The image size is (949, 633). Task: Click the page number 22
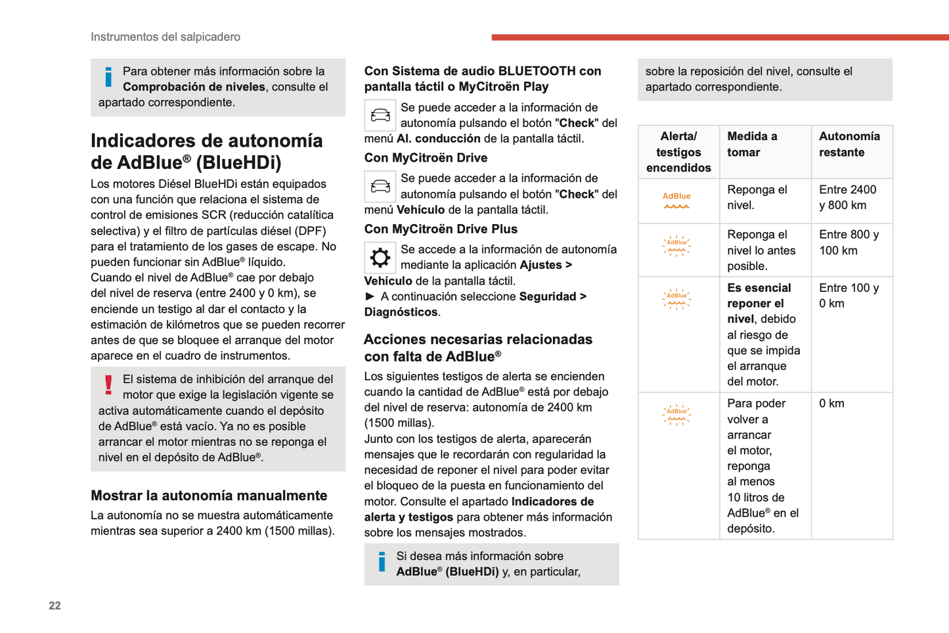pos(55,605)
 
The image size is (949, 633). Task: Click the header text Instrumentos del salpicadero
pos(166,37)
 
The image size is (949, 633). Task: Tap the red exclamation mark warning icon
pos(108,385)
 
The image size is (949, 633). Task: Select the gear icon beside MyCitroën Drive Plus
pos(380,258)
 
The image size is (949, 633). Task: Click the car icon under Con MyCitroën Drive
pos(380,187)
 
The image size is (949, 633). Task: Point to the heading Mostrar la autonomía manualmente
pos(209,496)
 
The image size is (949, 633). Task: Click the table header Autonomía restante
pos(849,145)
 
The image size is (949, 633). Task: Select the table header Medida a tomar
pos(752,145)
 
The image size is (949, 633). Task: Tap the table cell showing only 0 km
pos(831,404)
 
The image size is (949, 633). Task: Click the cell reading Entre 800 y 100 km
pos(849,243)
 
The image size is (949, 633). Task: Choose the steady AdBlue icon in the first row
pos(676,200)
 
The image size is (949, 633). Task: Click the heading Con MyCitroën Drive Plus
pos(441,229)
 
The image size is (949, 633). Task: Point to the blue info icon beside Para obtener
pos(108,77)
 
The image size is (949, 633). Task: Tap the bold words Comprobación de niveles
pos(194,87)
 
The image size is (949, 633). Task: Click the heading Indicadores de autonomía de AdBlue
pos(206,151)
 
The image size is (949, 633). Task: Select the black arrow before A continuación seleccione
pos(370,296)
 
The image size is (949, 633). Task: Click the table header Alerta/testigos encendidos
pos(678,152)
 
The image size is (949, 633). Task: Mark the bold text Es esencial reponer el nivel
pos(759,304)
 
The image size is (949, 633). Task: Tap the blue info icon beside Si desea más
pos(382,562)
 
